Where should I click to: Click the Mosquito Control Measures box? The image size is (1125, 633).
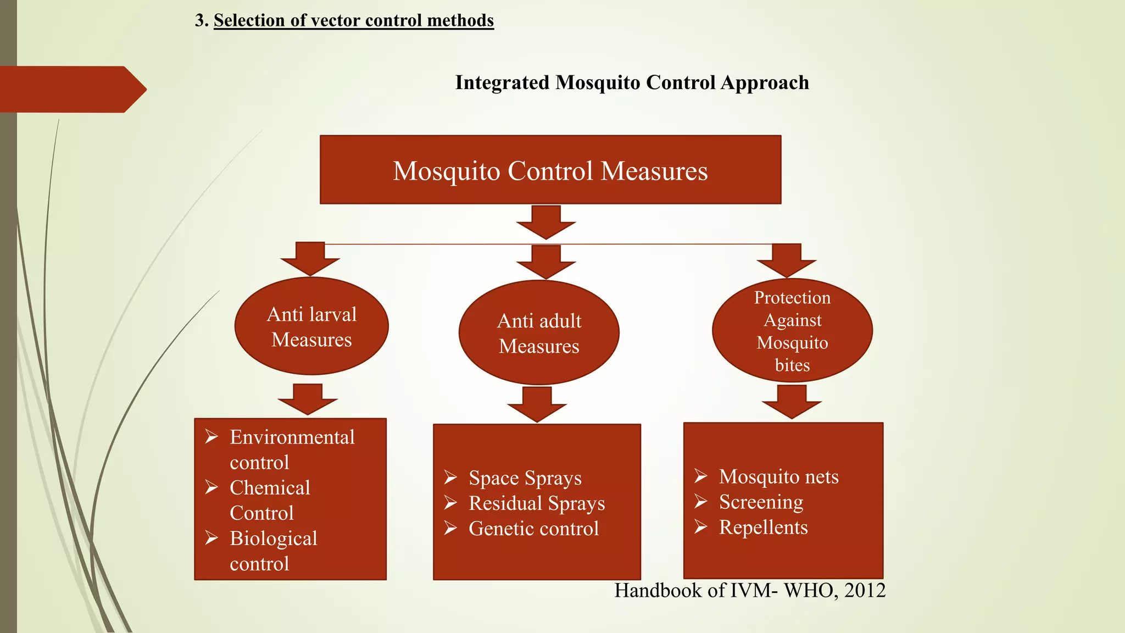pyautogui.click(x=550, y=170)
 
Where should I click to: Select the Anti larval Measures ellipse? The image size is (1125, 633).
pyautogui.click(x=311, y=326)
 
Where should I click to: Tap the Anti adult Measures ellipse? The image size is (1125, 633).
pyautogui.click(x=539, y=333)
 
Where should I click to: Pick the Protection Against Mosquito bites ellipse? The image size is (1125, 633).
pyautogui.click(x=792, y=331)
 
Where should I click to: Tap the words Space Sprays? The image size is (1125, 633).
pyautogui.click(x=525, y=478)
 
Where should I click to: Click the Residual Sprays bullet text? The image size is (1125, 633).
pyautogui.click(x=536, y=503)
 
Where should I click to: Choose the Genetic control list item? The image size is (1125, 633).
pyautogui.click(x=533, y=529)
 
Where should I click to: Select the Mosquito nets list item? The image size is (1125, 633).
pyautogui.click(x=778, y=477)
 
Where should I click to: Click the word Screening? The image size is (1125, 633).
pyautogui.click(x=761, y=502)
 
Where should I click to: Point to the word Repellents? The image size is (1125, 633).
pyautogui.click(x=763, y=527)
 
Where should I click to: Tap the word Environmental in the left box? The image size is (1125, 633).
pyautogui.click(x=292, y=437)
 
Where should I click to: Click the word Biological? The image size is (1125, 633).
pyautogui.click(x=273, y=538)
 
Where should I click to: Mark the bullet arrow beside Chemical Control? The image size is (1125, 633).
pyautogui.click(x=212, y=487)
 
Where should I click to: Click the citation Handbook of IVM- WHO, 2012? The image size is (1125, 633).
pyautogui.click(x=749, y=591)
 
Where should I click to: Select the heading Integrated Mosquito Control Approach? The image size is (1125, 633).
pyautogui.click(x=632, y=82)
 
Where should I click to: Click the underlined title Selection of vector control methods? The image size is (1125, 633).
pyautogui.click(x=353, y=20)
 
